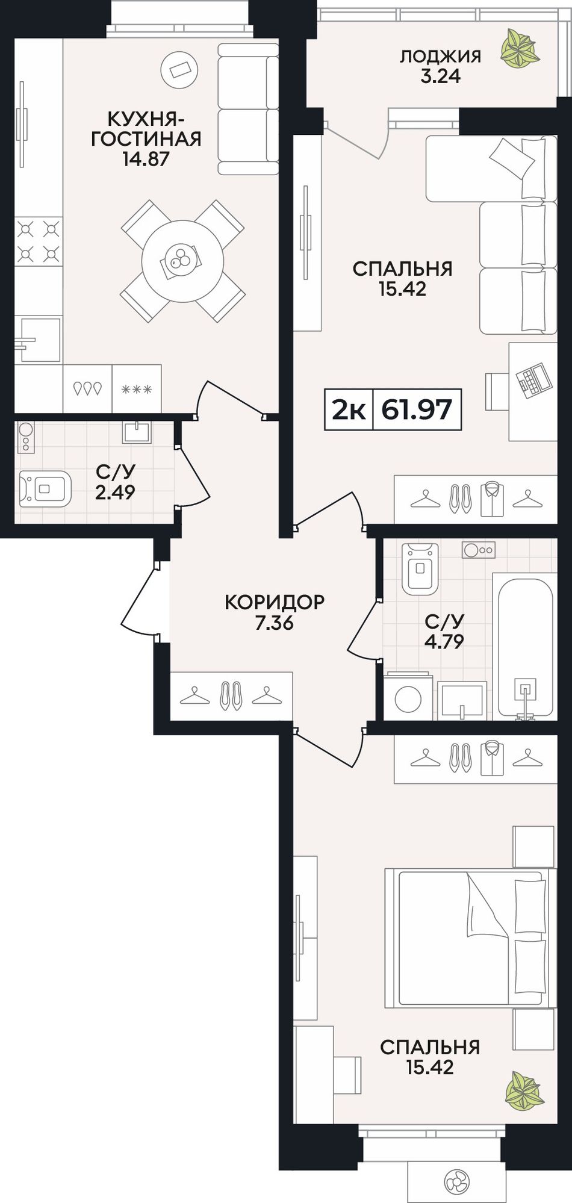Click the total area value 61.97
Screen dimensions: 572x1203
(417, 410)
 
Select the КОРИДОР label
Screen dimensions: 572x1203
(275, 601)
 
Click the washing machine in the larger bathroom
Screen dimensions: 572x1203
(408, 696)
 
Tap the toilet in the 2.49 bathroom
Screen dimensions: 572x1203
(45, 487)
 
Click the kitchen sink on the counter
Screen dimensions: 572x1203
(39, 340)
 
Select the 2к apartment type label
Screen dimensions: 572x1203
(349, 410)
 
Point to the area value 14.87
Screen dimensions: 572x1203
(145, 160)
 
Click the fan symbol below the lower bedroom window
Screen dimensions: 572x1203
(455, 1181)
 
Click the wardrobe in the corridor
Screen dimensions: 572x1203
(232, 696)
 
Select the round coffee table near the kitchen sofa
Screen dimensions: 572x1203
(179, 69)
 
